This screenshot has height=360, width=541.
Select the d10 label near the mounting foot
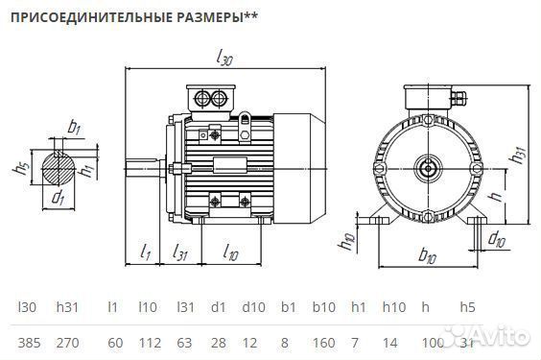point(497,238)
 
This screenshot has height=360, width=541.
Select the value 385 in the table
point(28,340)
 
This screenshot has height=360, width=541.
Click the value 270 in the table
point(67,340)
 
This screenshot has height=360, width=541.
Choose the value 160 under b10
point(323,340)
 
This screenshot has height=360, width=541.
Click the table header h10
point(393,307)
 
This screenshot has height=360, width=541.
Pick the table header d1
point(218,307)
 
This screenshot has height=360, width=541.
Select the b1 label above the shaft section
point(74,126)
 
